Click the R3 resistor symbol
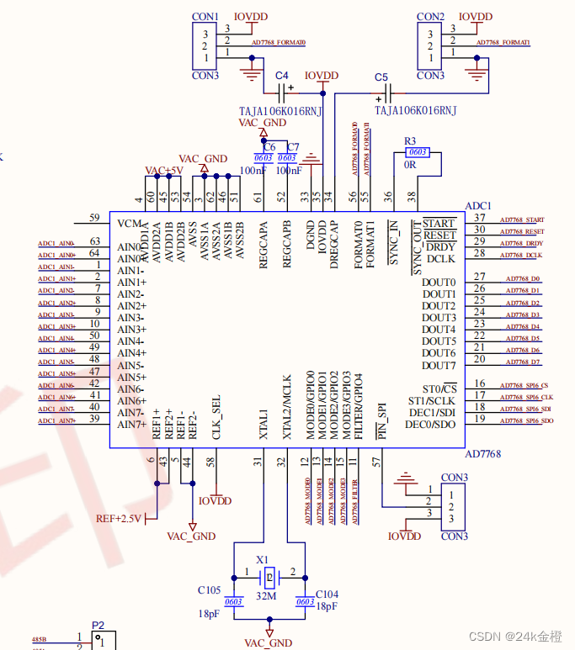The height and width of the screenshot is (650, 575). tap(417, 152)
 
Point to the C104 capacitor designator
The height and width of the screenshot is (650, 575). tap(327, 594)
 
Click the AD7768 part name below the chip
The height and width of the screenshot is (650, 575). tap(482, 454)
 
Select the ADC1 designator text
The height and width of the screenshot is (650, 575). tap(478, 206)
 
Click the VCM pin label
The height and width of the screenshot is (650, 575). tap(130, 224)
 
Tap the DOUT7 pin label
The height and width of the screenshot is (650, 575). tap(439, 365)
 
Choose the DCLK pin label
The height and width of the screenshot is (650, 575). tap(440, 259)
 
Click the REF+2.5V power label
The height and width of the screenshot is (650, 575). tap(120, 518)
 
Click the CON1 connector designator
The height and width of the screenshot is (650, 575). tap(205, 17)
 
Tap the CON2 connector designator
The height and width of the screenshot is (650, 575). tap(430, 17)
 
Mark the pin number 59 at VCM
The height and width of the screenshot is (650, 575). tap(94, 218)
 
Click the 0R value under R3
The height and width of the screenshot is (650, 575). tap(411, 165)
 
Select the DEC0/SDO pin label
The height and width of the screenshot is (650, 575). tap(429, 424)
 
